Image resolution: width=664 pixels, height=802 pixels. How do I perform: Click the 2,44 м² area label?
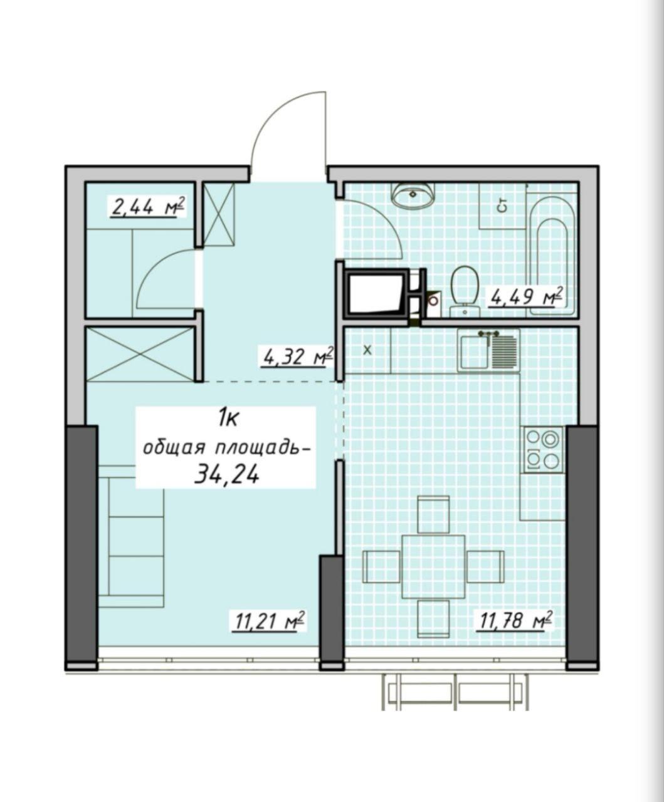(148, 208)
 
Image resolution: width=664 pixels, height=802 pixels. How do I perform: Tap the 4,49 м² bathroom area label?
(526, 297)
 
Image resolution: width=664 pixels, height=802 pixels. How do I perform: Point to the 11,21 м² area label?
(268, 622)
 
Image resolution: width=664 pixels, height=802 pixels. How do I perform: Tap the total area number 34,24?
(227, 476)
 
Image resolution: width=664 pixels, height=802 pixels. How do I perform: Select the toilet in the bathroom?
(465, 291)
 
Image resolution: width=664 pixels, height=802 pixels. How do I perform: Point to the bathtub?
(552, 254)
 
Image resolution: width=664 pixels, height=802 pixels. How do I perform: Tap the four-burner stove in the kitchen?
(543, 449)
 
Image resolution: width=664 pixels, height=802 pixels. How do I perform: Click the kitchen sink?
(488, 351)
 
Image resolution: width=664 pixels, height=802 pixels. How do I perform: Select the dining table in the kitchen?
(433, 566)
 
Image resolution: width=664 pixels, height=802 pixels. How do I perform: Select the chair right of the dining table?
(485, 566)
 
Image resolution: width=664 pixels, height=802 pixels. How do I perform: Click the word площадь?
(261, 449)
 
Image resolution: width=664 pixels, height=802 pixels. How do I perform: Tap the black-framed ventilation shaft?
(377, 293)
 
